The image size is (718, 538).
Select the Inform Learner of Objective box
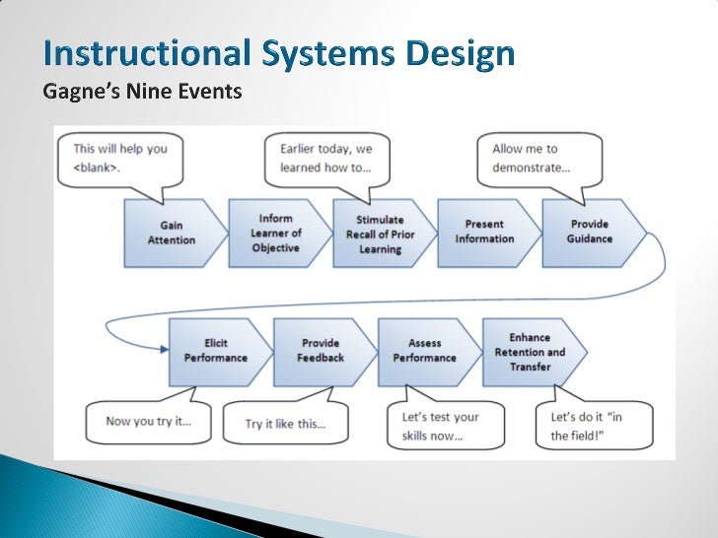coord(276,233)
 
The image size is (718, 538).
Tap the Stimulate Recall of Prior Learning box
coord(381,233)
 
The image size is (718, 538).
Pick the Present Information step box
coord(484,233)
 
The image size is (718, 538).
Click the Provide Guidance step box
coord(590,233)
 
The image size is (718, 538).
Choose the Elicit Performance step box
coord(215,351)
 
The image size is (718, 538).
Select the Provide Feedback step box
coord(320,351)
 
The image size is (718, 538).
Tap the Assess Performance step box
coord(424,351)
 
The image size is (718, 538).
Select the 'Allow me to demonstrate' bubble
coord(537,159)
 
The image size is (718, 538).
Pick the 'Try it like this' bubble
coord(285,424)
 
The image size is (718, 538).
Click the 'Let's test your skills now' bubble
coord(439,426)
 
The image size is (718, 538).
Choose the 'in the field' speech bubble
coord(587,426)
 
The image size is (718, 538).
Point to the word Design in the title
coord(461,54)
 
